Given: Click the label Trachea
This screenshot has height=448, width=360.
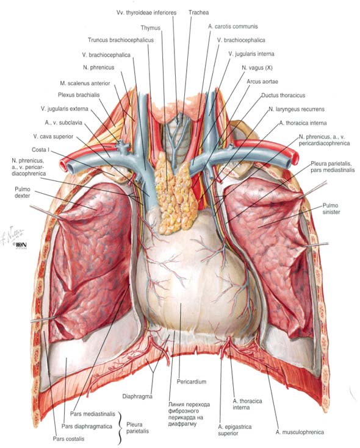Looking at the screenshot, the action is coord(198,13).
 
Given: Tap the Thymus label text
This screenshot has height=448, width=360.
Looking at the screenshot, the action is coord(150,28).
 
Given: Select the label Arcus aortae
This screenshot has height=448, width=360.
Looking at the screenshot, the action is coord(262,82).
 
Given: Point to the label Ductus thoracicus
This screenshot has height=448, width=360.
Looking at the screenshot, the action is coord(283,95).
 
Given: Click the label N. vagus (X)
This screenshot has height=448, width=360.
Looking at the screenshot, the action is coord(257,68).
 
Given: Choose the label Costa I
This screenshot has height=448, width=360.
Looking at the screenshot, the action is coord(41,150).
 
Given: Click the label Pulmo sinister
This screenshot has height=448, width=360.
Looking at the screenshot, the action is coord(331,208).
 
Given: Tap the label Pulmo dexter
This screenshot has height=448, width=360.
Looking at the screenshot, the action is coord(23,192).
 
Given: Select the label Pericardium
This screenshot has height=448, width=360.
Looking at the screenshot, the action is coord(192,382).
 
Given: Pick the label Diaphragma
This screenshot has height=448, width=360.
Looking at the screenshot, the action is coord(137,397).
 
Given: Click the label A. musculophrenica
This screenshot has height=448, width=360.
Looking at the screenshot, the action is coord(300,432).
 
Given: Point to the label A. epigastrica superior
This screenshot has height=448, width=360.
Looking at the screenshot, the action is coord(235,430).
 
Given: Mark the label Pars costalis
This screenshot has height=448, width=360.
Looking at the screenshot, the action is coord(68,439).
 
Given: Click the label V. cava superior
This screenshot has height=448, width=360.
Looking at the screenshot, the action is coord(53,137).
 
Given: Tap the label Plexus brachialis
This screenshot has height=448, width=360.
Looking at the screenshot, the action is coord(79,95).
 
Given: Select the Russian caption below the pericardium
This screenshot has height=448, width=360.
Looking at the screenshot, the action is coord(189,414).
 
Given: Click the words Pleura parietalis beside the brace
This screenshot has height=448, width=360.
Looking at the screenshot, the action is coord(137,428).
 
